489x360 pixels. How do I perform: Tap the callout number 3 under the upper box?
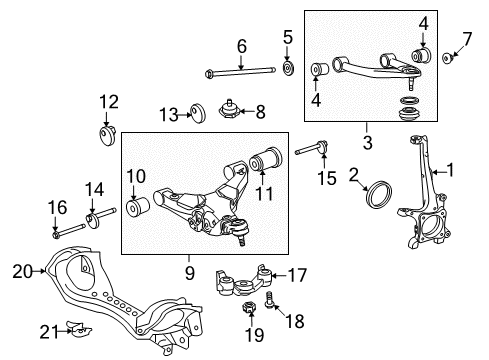366,144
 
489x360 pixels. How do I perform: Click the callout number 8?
260,111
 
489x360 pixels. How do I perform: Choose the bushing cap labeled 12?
106,132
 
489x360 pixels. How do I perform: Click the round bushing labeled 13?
197,115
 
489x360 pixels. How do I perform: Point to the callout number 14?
94,188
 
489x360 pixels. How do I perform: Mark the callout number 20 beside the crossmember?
22,269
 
